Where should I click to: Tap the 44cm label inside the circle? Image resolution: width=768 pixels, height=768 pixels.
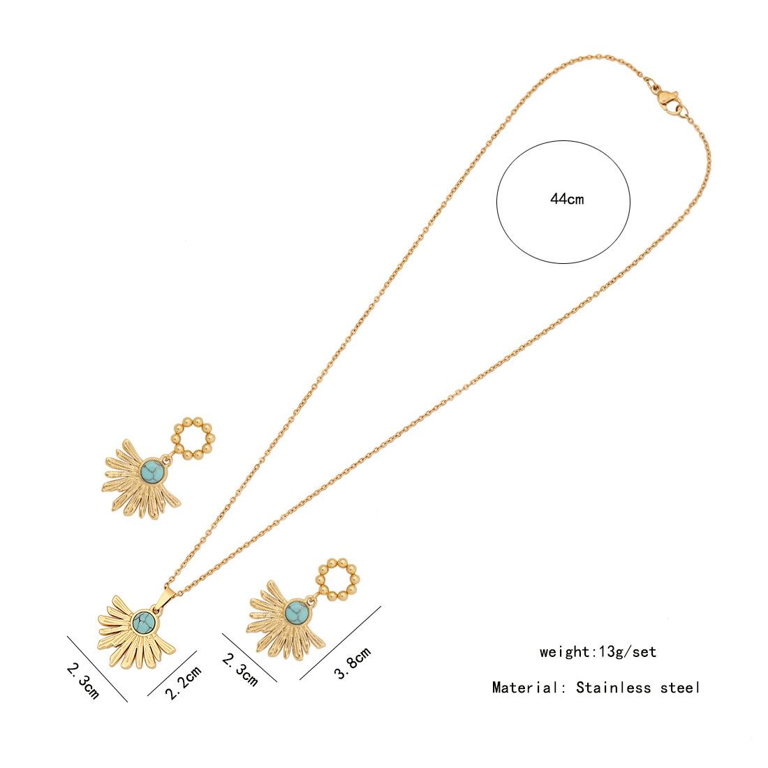click(x=566, y=200)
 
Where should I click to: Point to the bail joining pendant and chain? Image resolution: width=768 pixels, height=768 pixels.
click(x=170, y=579)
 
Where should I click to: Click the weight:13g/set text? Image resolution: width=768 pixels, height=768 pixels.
click(x=598, y=652)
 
